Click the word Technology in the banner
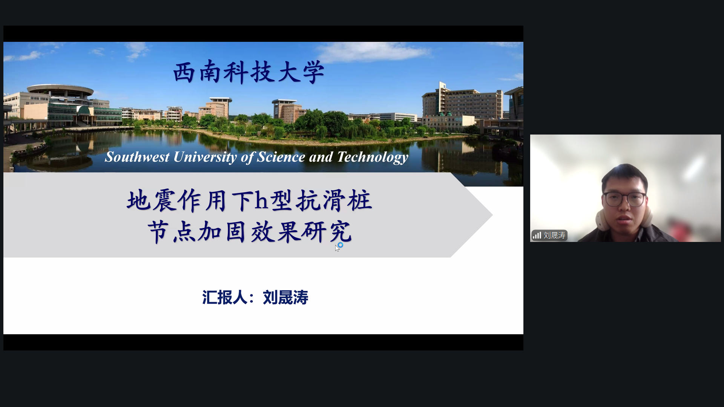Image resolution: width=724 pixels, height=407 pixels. [x=373, y=157]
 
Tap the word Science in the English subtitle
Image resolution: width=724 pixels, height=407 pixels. [x=281, y=157]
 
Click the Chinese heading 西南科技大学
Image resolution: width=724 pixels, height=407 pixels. [x=249, y=72]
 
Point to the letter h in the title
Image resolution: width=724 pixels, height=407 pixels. [x=261, y=200]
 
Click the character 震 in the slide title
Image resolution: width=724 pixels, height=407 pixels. [x=165, y=200]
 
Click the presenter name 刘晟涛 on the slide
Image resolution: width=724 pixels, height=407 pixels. [x=285, y=297]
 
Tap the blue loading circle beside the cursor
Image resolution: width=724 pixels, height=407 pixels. [x=341, y=245]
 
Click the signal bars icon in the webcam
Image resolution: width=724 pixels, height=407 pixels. [x=537, y=236]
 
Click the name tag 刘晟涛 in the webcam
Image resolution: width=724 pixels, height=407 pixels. [x=554, y=236]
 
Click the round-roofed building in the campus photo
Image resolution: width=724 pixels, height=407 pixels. [x=60, y=91]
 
